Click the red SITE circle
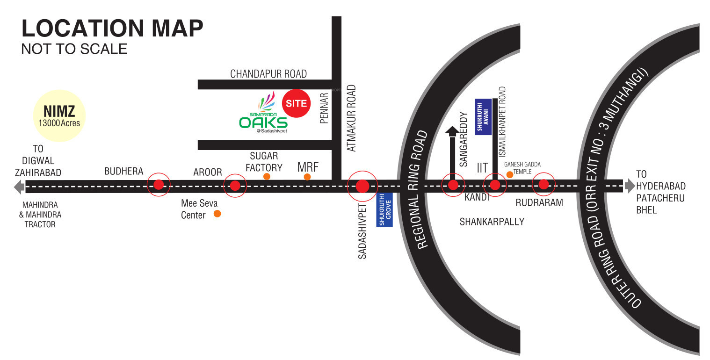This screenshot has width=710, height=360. pos(296,103)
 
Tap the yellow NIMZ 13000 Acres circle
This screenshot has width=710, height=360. pos(59,115)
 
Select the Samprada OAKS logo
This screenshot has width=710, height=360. pos(263,115)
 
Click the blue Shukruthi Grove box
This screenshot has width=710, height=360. pos(384,209)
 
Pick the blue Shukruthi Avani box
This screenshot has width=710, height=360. pos(483,117)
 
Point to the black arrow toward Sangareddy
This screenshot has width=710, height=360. pos(452,131)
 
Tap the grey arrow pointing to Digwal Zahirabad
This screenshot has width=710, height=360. pos(19,187)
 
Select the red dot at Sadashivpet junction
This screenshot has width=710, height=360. pos(362,186)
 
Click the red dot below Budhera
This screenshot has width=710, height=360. pos(159,185)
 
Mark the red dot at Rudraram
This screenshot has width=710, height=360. pos(543,184)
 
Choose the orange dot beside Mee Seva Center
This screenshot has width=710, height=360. pos(217,214)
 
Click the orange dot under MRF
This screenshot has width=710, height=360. pos(307,177)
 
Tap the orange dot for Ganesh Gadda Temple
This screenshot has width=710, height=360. pos(509,174)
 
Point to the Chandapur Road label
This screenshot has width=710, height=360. pos(268,74)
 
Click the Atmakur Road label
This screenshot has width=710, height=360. pos(352,118)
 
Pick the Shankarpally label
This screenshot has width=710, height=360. pos(492,222)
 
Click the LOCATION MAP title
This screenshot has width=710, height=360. pos(112,29)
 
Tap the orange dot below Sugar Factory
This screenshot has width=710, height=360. pos(267,176)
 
